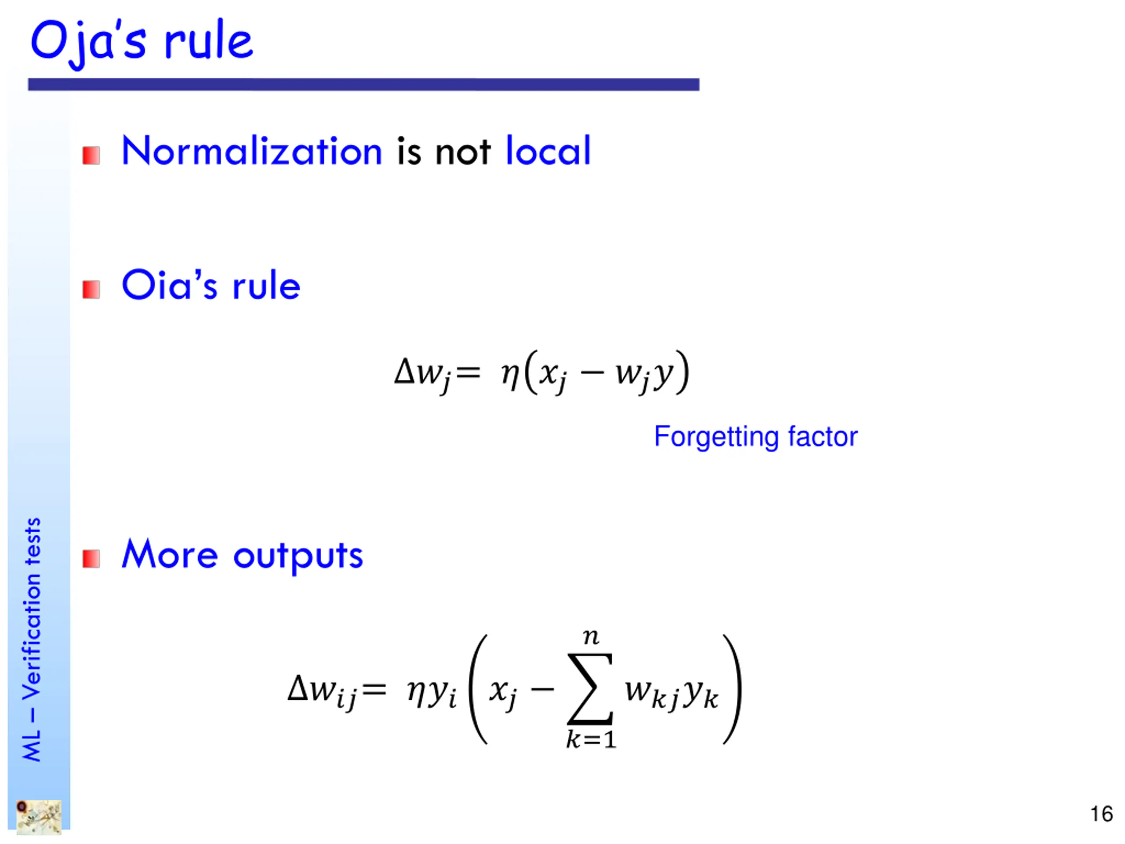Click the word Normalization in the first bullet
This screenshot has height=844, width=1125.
pyautogui.click(x=252, y=151)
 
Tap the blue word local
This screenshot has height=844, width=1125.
pyautogui.click(x=548, y=151)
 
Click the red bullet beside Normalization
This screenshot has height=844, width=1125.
pyautogui.click(x=91, y=156)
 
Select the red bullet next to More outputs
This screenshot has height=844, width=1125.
pyautogui.click(x=91, y=559)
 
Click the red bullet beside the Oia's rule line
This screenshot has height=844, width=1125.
pyautogui.click(x=91, y=290)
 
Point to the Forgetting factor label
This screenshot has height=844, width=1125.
pyautogui.click(x=755, y=437)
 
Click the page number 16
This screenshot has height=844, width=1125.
pyautogui.click(x=1101, y=814)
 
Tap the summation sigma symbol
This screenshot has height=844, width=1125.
pyautogui.click(x=590, y=689)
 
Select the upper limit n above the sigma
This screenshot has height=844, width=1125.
pyautogui.click(x=591, y=637)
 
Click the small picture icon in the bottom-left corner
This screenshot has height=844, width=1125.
pyautogui.click(x=39, y=817)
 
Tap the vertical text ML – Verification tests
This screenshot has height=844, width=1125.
pyautogui.click(x=32, y=639)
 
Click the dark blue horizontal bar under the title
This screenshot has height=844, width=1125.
pyautogui.click(x=363, y=84)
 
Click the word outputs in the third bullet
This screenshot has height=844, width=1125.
pyautogui.click(x=298, y=556)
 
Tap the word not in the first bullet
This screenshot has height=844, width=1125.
pyautogui.click(x=463, y=152)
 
